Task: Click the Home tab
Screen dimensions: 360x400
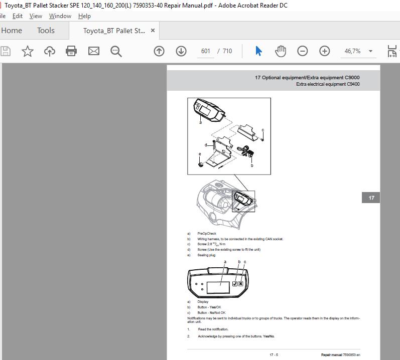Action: [12, 31]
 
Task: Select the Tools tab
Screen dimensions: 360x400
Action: [46, 31]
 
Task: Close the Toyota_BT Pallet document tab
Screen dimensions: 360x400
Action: [153, 31]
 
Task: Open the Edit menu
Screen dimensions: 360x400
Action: [18, 16]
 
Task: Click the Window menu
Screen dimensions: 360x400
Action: [60, 16]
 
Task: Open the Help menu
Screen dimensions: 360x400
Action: [84, 16]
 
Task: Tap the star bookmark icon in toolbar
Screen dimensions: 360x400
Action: [28, 51]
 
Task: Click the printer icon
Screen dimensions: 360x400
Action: [71, 51]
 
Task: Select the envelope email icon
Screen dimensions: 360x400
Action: [94, 51]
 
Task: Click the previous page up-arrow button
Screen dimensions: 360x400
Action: [159, 51]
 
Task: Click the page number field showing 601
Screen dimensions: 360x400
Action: [205, 51]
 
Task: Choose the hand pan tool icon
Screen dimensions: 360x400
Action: [281, 51]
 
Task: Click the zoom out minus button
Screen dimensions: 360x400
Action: [302, 51]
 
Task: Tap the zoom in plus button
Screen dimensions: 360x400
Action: [325, 51]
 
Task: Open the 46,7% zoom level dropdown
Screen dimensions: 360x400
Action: [370, 51]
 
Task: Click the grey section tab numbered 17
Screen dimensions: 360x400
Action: [371, 198]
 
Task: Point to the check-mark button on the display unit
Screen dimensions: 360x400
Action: [234, 284]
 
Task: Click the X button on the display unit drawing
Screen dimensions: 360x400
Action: [241, 284]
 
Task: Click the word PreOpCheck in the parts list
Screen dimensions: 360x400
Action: [207, 234]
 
